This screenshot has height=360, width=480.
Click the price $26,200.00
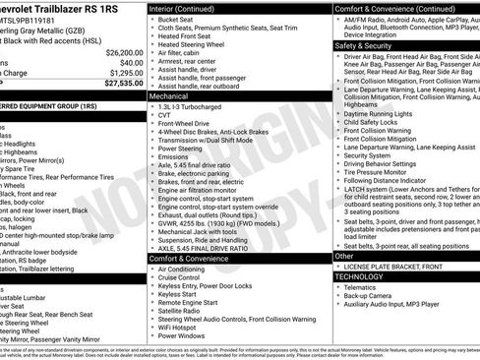124,52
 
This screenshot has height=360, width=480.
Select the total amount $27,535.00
124,85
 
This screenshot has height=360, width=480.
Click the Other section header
344,256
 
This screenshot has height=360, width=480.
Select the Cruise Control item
184,279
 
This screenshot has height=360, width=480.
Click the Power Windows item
186,335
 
